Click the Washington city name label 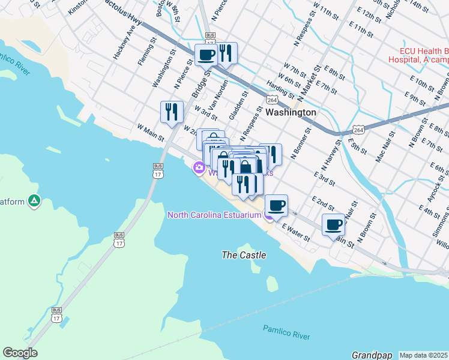[x=291, y=112]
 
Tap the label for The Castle [x=244, y=255]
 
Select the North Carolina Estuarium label [x=214, y=215]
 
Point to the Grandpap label [x=372, y=355]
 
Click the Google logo [x=20, y=353]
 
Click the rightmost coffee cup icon [x=333, y=225]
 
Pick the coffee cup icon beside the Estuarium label [x=276, y=206]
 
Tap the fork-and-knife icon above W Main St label [x=172, y=112]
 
